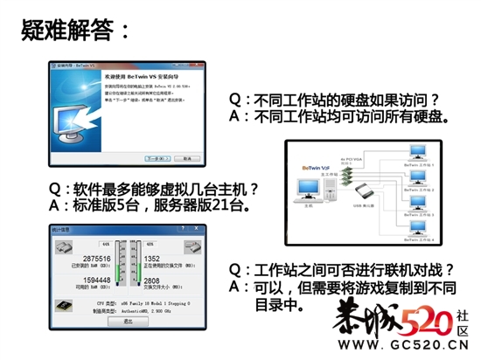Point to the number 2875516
click(x=95, y=259)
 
